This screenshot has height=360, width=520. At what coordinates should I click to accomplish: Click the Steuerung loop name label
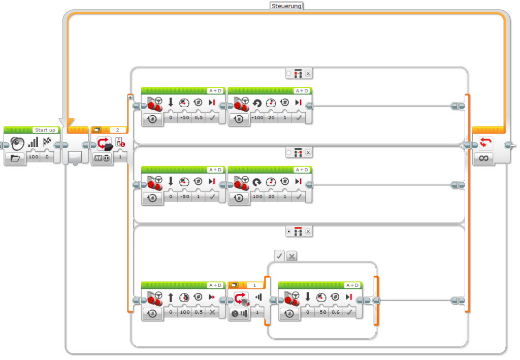(x=287, y=6)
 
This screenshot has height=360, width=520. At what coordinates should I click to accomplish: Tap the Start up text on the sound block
(x=45, y=130)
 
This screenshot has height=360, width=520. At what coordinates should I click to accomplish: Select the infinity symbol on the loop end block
(x=483, y=158)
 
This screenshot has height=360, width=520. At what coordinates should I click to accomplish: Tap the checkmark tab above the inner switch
(x=279, y=256)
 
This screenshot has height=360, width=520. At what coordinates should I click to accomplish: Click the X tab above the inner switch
(x=291, y=256)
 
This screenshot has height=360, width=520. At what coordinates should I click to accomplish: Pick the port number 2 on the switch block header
(x=118, y=130)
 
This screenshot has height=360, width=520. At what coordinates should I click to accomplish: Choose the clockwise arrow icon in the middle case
(x=257, y=181)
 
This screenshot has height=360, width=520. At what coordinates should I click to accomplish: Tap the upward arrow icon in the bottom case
(x=171, y=297)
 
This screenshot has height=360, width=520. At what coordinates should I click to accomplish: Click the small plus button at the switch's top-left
(x=131, y=97)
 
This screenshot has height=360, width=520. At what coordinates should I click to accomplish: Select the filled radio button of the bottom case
(x=289, y=232)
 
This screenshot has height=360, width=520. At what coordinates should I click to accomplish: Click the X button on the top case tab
(x=308, y=74)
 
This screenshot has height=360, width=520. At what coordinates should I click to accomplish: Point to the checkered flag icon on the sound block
(x=47, y=142)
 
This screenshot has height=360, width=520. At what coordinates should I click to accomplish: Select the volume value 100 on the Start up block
(x=34, y=157)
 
